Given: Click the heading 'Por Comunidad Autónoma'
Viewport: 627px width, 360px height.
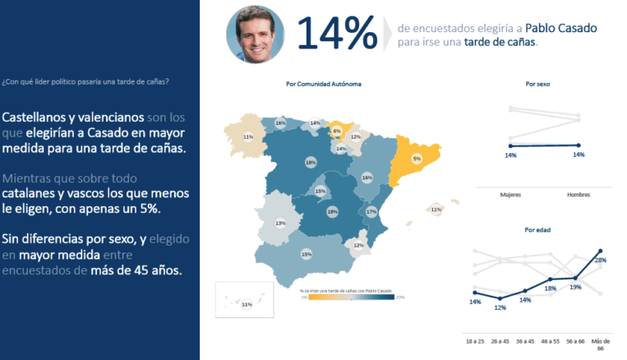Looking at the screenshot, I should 323,84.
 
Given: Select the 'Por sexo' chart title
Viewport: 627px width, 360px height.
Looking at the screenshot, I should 538,84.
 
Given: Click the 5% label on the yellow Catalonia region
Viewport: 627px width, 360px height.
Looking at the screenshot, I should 417,159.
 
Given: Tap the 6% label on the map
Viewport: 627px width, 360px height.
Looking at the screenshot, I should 337,131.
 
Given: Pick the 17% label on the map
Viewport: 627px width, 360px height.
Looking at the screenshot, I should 371,211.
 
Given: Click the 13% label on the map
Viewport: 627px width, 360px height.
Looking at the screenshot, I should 280,224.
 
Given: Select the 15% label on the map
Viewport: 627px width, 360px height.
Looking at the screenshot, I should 320,191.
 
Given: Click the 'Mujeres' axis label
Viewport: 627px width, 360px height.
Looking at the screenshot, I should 511,194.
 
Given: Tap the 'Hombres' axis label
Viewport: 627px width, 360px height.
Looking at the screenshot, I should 579,194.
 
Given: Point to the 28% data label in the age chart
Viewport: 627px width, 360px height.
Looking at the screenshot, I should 600,261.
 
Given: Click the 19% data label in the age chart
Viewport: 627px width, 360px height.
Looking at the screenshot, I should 575,287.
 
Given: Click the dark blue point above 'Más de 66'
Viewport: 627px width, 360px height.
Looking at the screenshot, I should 602,250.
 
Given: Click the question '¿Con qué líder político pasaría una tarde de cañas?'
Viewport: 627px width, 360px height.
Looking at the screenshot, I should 85,81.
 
